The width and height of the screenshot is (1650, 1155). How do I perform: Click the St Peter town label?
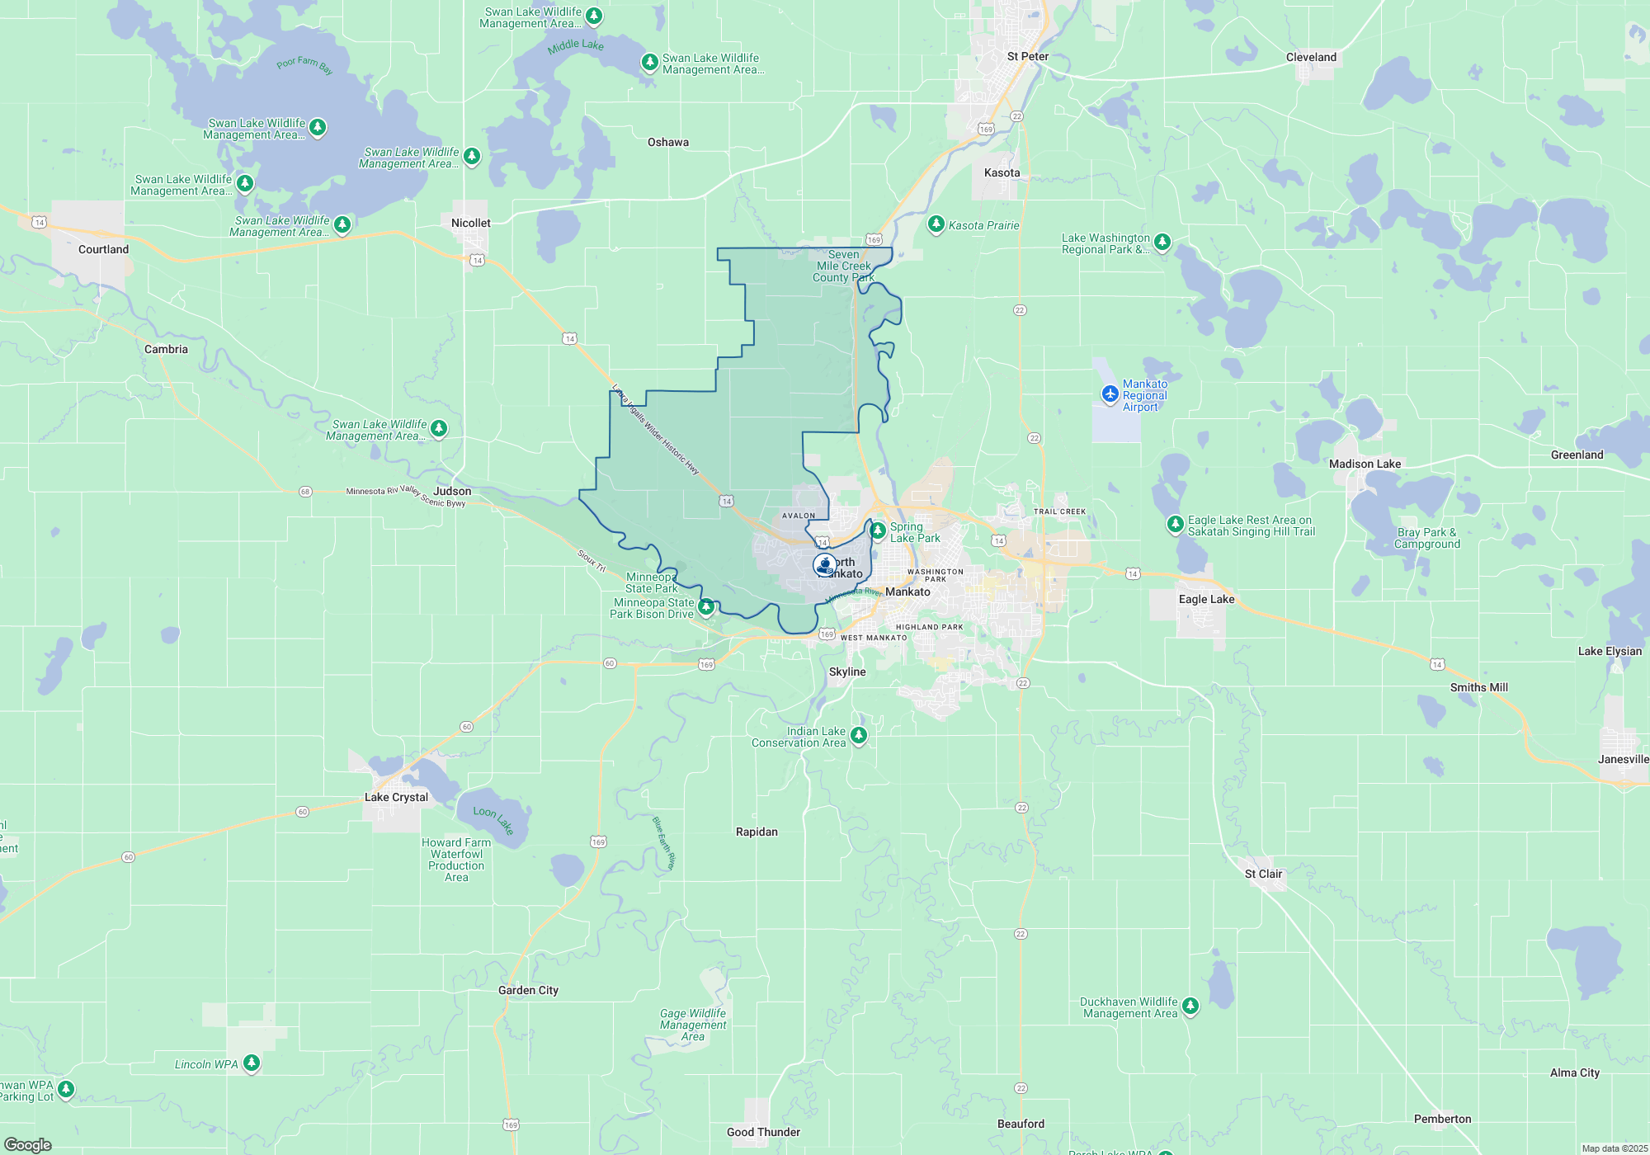[1027, 56]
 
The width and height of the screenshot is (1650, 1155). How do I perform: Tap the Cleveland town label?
[1311, 57]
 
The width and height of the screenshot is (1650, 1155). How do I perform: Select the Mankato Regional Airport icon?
[1110, 394]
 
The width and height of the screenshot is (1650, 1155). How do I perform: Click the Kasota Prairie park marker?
[936, 224]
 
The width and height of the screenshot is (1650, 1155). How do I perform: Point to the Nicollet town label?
[470, 223]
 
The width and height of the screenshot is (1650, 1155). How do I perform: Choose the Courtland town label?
[103, 249]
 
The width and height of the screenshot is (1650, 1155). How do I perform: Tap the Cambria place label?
[166, 349]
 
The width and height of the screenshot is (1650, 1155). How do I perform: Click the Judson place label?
[452, 491]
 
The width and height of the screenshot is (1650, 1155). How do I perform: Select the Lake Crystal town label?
[396, 797]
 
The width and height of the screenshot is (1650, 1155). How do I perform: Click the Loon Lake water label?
[493, 819]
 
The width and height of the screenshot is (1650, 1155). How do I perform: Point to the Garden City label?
[528, 990]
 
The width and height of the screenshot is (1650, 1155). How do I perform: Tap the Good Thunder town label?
[763, 1132]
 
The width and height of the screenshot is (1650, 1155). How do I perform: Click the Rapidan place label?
[757, 832]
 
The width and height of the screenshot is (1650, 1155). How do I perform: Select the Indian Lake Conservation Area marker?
[859, 734]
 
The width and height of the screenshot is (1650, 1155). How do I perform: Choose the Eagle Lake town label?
[1206, 599]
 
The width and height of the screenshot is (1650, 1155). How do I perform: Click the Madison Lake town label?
[1365, 464]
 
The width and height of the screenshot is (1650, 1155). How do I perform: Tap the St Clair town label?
[1263, 874]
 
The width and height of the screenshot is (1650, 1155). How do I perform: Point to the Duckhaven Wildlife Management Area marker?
[1190, 1005]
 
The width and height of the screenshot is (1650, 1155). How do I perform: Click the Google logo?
[28, 1144]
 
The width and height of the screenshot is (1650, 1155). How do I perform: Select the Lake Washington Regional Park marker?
[1162, 242]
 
